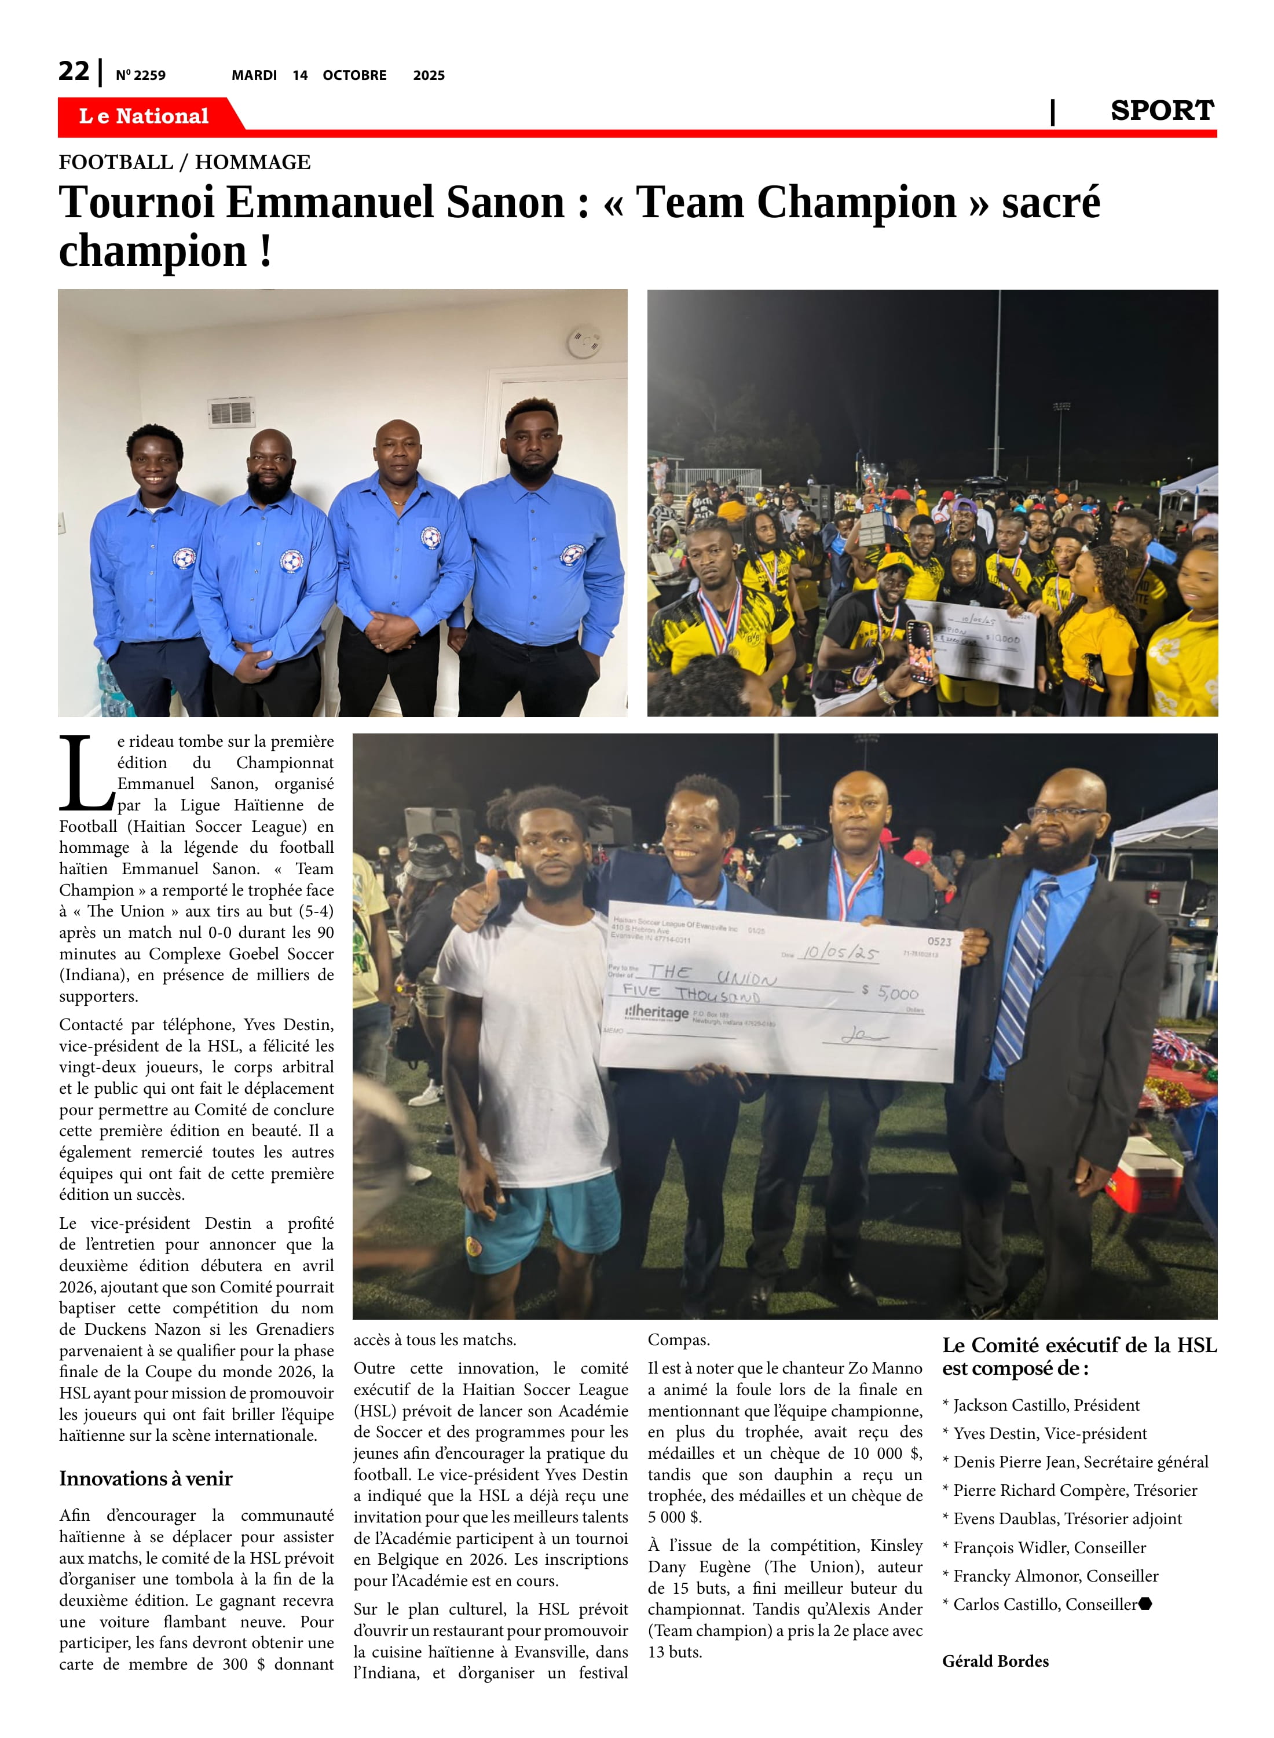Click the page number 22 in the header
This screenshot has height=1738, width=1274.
(x=74, y=71)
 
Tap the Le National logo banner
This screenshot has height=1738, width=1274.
(x=144, y=116)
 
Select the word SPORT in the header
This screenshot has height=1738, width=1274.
(x=1162, y=111)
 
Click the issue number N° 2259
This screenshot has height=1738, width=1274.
(x=140, y=75)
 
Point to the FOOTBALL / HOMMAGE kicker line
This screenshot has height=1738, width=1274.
(x=184, y=162)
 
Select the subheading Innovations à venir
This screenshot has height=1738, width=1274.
(x=146, y=1478)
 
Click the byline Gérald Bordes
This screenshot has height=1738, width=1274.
(x=995, y=1660)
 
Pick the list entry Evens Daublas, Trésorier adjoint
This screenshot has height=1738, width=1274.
(x=1067, y=1518)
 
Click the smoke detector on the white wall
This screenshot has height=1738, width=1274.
(x=584, y=342)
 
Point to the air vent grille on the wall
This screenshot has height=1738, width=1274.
(x=232, y=412)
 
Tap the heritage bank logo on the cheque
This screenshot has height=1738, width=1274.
(x=656, y=1012)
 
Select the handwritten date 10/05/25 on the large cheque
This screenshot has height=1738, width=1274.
(x=839, y=954)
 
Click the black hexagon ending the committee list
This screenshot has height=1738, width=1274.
(x=1145, y=1604)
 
